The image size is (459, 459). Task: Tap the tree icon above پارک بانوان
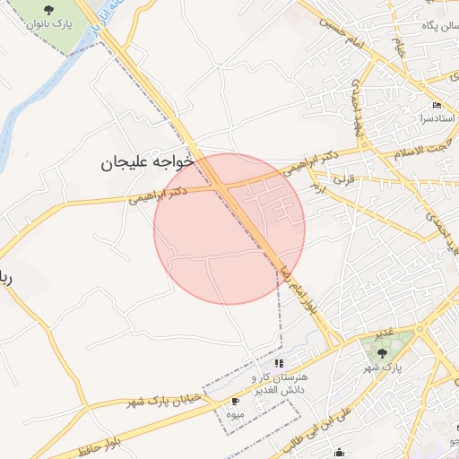click(48, 9)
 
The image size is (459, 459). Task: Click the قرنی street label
click(345, 179)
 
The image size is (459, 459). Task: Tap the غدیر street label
click(384, 333)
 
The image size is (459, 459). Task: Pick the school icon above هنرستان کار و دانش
click(279, 363)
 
